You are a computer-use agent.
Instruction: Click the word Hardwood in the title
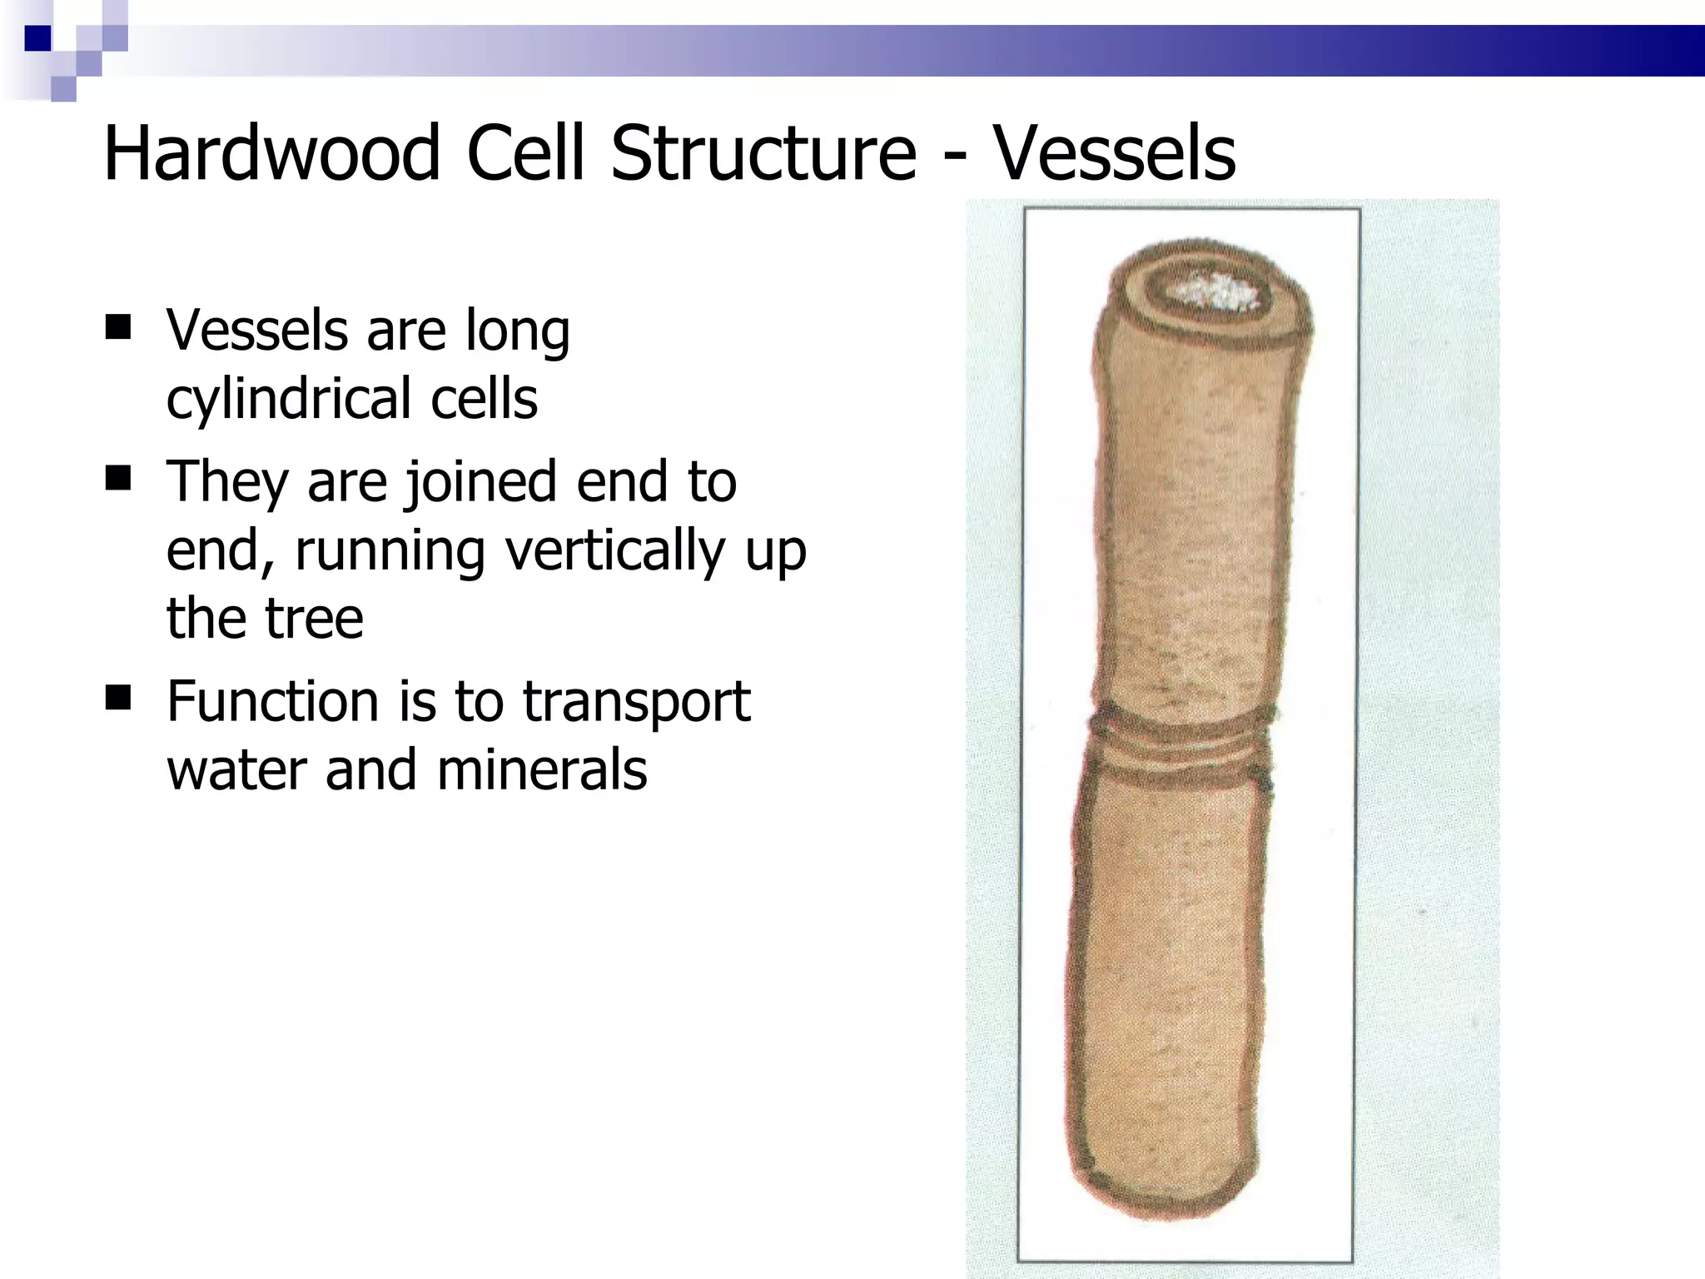tap(271, 154)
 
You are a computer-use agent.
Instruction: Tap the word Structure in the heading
tap(763, 154)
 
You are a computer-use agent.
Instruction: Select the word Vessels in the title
tap(1115, 154)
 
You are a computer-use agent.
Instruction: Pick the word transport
tap(636, 703)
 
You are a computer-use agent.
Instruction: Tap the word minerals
tap(541, 769)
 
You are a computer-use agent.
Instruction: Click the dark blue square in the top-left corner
tap(37, 38)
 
